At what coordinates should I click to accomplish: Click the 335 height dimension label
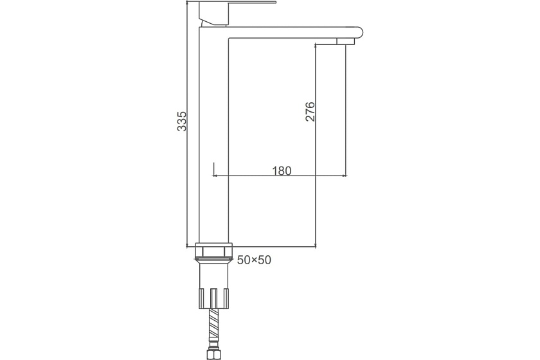(181, 121)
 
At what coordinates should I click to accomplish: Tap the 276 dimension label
(310, 111)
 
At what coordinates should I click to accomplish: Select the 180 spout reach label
(282, 170)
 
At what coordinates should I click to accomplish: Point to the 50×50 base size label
(254, 260)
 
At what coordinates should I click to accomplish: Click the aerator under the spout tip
(345, 41)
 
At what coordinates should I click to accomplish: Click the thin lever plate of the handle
(238, 2)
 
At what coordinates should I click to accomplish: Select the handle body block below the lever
(214, 14)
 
